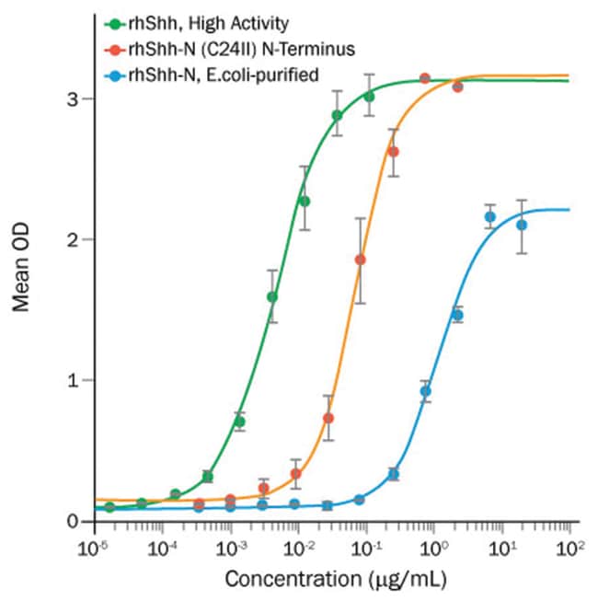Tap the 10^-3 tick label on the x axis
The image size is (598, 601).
(229, 549)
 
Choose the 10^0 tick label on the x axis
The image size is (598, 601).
(433, 549)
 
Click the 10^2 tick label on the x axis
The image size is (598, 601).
(570, 549)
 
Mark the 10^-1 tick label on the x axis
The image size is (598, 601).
(365, 549)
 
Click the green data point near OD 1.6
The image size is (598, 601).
(272, 296)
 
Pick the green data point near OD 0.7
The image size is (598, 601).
(239, 422)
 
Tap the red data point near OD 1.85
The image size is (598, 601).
(360, 260)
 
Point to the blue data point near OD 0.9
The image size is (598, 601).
(425, 391)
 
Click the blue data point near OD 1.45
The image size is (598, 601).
(457, 315)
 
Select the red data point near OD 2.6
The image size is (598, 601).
(394, 152)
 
